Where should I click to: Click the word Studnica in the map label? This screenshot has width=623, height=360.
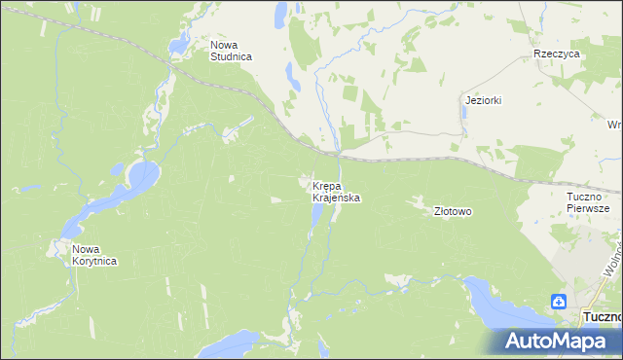[231, 57]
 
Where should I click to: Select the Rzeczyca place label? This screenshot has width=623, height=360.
[557, 54]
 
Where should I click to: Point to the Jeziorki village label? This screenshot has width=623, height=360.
[483, 100]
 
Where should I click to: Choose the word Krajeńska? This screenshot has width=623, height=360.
[337, 198]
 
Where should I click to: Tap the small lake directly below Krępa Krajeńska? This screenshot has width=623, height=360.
[317, 215]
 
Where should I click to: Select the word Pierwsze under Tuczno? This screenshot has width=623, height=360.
[588, 208]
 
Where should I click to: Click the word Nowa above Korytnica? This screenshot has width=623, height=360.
[85, 249]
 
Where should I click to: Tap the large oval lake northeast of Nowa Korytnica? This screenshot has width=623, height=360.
[141, 177]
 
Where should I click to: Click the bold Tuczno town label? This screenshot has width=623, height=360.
[601, 317]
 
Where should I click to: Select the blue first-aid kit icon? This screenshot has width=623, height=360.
[560, 302]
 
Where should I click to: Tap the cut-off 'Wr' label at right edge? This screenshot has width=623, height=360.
[614, 125]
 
